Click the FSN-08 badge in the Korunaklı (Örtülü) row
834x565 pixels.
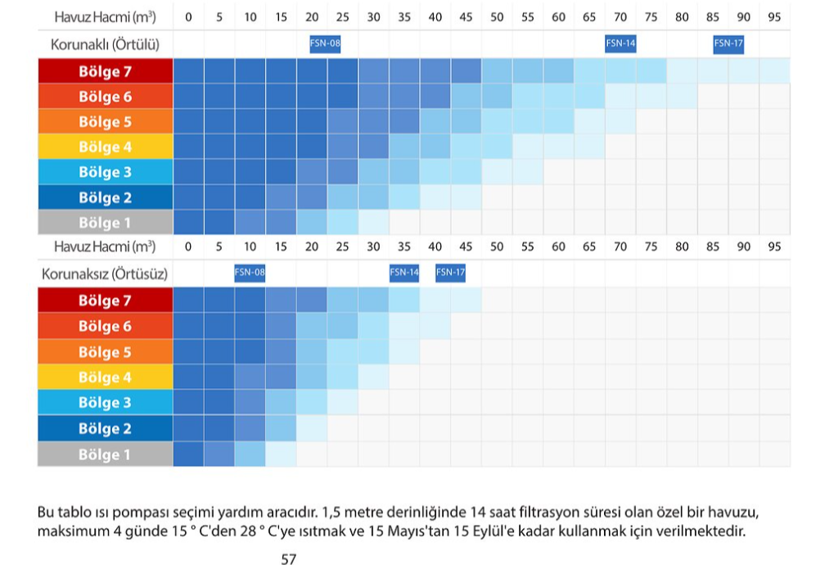[325, 44]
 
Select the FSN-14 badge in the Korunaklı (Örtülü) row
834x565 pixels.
[620, 44]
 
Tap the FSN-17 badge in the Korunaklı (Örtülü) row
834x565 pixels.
[728, 44]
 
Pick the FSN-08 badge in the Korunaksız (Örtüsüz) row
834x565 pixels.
[250, 273]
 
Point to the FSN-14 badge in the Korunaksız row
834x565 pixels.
[404, 273]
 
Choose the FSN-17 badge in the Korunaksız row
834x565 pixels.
[450, 273]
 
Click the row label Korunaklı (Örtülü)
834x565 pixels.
[106, 45]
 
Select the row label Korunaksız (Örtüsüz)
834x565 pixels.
[105, 273]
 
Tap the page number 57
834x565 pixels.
[288, 559]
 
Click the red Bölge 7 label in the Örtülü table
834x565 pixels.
[105, 71]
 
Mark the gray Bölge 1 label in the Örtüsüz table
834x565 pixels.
[105, 454]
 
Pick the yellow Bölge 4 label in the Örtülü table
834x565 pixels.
[105, 147]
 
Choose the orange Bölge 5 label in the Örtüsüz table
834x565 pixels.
[105, 352]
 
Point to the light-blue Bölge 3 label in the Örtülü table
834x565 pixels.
[105, 172]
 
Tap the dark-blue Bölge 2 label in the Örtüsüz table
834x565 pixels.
[105, 428]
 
